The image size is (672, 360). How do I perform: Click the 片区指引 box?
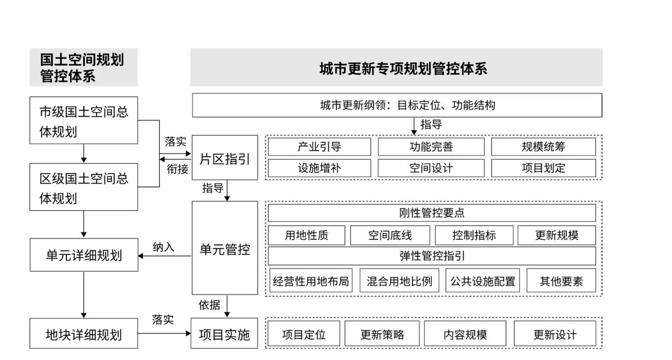(x=225, y=158)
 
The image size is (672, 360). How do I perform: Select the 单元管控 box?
(x=225, y=248)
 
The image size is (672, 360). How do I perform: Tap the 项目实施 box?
(x=224, y=333)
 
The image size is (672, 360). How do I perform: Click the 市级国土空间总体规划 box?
(x=84, y=121)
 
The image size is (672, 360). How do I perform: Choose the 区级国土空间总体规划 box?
(x=84, y=187)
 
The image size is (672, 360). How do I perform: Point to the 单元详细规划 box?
(x=84, y=255)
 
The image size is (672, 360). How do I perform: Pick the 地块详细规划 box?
(x=84, y=334)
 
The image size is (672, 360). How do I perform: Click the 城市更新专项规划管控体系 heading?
(x=403, y=68)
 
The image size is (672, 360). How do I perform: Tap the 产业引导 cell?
(x=319, y=147)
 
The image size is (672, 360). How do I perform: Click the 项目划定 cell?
(x=543, y=168)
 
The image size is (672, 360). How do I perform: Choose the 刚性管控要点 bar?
(x=432, y=213)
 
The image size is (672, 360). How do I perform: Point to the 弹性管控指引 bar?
(x=432, y=256)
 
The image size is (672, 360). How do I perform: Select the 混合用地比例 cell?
(x=399, y=281)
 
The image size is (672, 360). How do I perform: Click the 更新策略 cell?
(x=382, y=334)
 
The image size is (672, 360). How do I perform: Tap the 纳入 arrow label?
(x=163, y=247)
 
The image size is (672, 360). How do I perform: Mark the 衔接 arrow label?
(x=177, y=169)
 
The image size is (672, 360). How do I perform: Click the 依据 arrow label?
(x=209, y=305)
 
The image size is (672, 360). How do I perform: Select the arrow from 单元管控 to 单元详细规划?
(x=165, y=256)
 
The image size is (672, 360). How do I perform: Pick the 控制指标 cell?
(x=474, y=235)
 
